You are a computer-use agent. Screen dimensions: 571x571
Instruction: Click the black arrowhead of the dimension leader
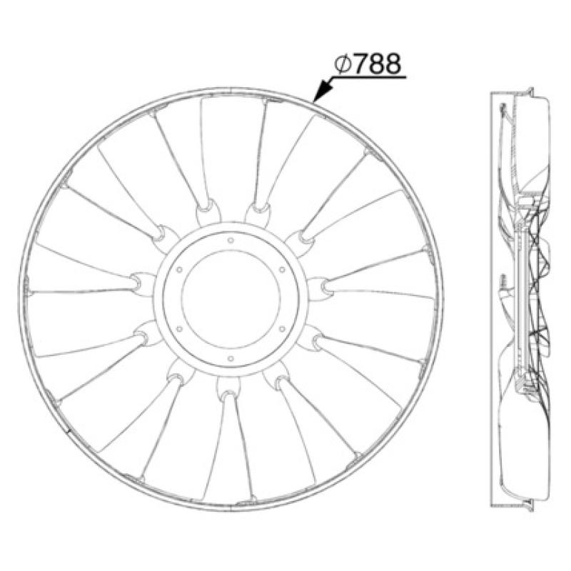(323, 92)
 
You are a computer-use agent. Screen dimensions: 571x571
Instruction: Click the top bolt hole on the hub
(231, 242)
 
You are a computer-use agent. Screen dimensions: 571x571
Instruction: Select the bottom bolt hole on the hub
(231, 359)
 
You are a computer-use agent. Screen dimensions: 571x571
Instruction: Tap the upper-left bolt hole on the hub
(179, 271)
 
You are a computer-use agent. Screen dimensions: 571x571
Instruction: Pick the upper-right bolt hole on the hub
(282, 270)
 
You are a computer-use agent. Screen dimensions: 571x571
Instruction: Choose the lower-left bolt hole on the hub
(179, 329)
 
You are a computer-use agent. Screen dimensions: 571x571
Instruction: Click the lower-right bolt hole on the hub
(282, 329)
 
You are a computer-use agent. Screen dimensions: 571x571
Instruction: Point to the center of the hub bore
(231, 300)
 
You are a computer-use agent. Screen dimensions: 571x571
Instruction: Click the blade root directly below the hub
(228, 389)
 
